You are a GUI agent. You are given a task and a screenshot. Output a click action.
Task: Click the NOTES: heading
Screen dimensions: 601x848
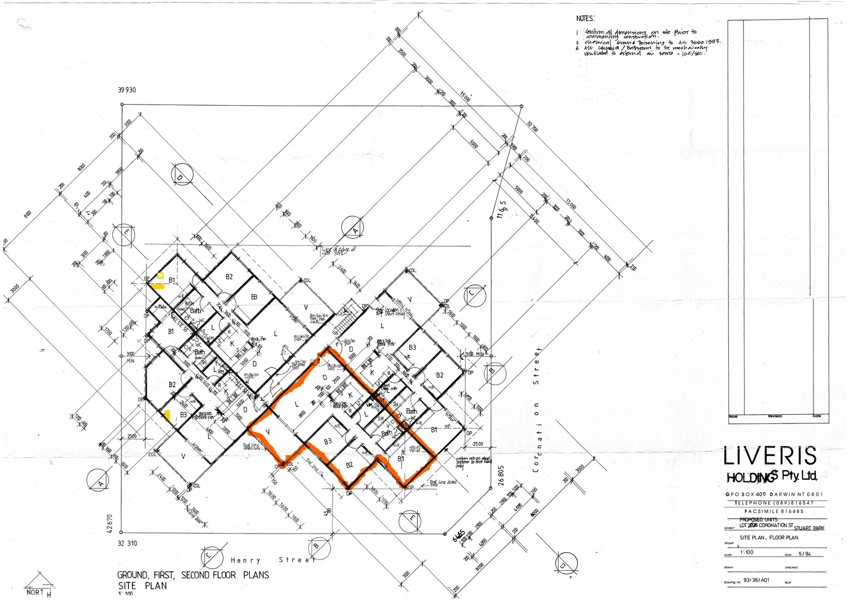tap(585, 18)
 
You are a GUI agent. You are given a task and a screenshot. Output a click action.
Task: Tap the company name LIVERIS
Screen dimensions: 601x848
tap(770, 456)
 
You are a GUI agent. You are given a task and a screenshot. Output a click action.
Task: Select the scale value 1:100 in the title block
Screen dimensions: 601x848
tap(747, 552)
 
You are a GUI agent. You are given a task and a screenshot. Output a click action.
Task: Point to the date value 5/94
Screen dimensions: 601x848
tap(805, 554)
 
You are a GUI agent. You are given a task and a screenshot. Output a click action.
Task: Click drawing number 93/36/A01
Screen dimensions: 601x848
tap(756, 580)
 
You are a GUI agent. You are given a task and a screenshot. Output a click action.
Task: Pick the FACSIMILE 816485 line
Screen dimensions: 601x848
tap(774, 511)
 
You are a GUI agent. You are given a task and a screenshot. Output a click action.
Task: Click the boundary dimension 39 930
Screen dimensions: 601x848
tap(127, 90)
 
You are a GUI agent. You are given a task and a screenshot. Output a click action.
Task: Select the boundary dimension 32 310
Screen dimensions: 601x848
tap(127, 543)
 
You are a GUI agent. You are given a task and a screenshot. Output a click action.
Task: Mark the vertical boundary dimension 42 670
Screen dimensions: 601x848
tap(110, 523)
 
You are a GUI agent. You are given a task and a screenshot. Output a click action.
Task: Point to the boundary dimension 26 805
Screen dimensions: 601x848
tap(501, 475)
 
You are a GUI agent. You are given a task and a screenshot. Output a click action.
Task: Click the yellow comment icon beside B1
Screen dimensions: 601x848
tap(160, 275)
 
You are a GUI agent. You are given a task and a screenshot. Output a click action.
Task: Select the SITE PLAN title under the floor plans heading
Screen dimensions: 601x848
tap(142, 585)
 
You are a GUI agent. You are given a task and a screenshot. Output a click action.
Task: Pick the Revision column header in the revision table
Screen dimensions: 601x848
tap(775, 416)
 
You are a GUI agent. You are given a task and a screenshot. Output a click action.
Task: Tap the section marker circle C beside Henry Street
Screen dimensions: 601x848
tap(209, 555)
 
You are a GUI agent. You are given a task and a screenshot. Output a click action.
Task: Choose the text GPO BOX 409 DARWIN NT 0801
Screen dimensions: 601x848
tap(774, 494)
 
